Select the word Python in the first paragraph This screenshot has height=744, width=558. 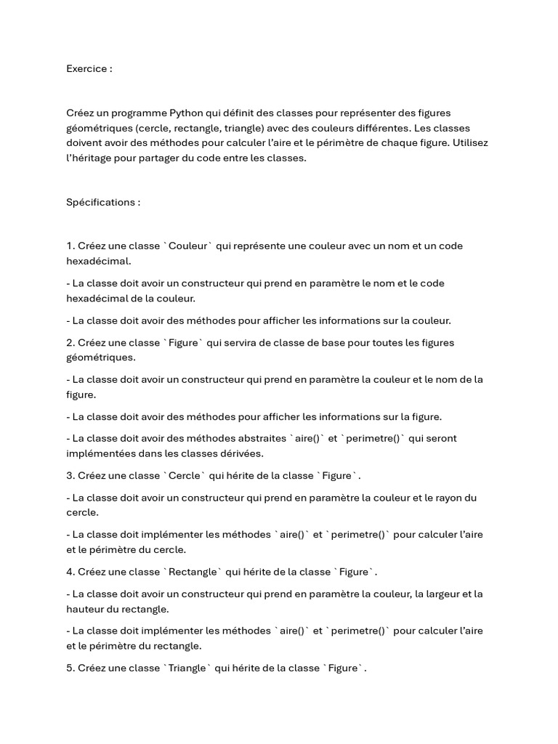pos(186,113)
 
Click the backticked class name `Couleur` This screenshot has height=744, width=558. pos(187,246)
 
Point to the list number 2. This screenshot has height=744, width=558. pos(69,342)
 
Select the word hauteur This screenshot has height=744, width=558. pos(86,609)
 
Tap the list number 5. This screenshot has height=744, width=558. pos(69,668)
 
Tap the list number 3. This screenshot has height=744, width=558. pos(69,476)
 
